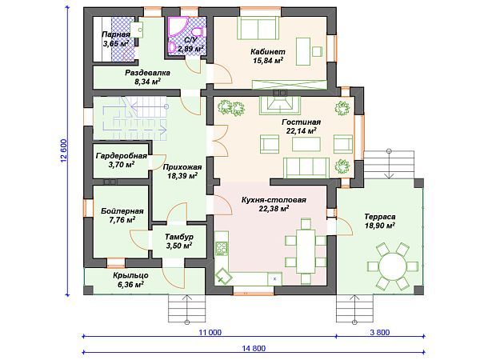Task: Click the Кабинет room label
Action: click(x=268, y=51)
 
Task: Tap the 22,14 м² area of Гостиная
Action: click(x=302, y=131)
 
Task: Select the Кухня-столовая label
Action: click(x=274, y=200)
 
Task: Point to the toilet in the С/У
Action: click(x=198, y=31)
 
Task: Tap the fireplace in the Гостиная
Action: click(x=280, y=106)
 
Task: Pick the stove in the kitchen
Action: click(x=222, y=249)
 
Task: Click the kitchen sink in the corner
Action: click(x=224, y=276)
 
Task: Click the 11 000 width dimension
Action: click(x=210, y=333)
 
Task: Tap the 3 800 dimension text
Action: click(x=379, y=333)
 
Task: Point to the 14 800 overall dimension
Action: click(x=254, y=348)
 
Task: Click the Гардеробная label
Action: click(x=122, y=156)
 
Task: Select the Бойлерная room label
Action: click(x=122, y=211)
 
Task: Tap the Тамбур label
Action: click(x=179, y=237)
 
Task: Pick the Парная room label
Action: click(x=116, y=34)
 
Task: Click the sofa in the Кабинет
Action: click(x=258, y=28)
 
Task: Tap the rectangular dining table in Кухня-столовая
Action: click(x=306, y=251)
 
